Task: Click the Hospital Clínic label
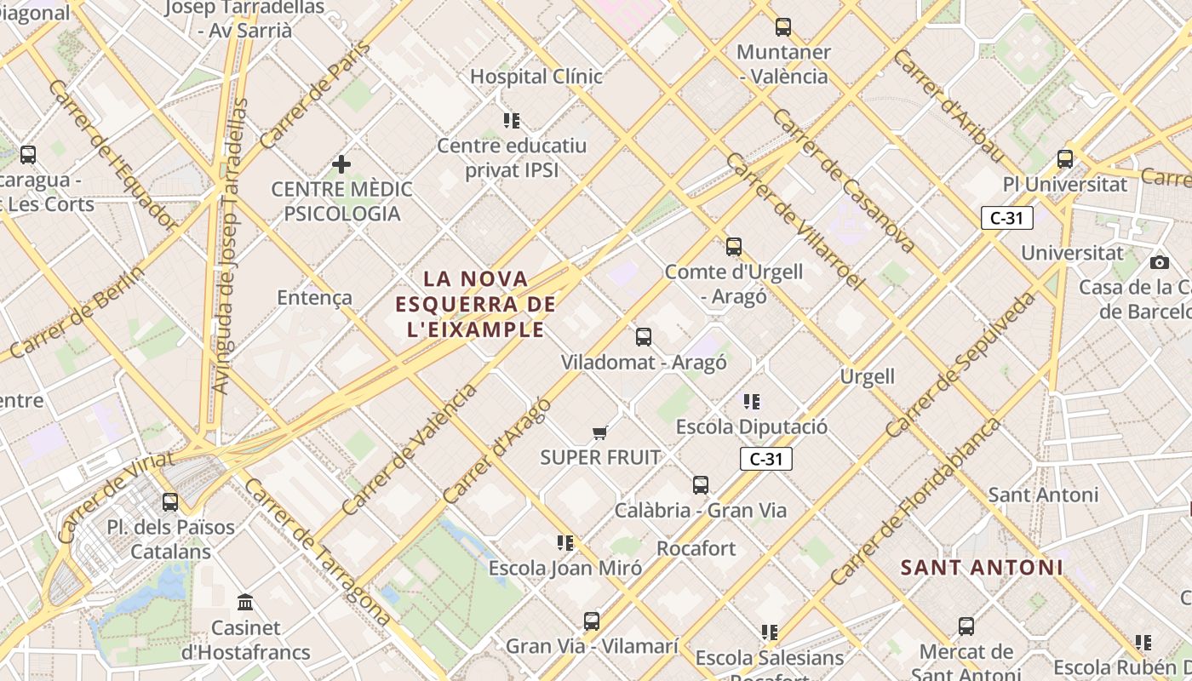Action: tap(536, 77)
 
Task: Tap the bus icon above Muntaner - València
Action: tap(782, 27)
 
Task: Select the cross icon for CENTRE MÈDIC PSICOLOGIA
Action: tap(341, 163)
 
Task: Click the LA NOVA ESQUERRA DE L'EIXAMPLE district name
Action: tap(475, 304)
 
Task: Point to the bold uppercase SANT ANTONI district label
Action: tap(982, 567)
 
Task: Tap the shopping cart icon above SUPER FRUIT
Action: tap(600, 433)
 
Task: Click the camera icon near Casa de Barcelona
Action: tap(1159, 262)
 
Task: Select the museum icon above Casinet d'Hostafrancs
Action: tap(246, 603)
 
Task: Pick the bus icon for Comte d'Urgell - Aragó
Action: tap(733, 247)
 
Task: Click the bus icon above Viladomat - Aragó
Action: tap(644, 337)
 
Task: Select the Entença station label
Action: tap(314, 297)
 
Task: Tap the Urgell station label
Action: tap(867, 376)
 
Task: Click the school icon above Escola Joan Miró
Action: tap(564, 542)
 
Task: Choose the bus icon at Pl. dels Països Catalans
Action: tap(170, 502)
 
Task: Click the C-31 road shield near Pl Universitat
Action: tap(1006, 218)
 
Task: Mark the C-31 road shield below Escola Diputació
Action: tap(765, 460)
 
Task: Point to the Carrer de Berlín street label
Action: tap(75, 312)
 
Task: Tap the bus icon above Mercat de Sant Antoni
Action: tap(966, 627)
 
